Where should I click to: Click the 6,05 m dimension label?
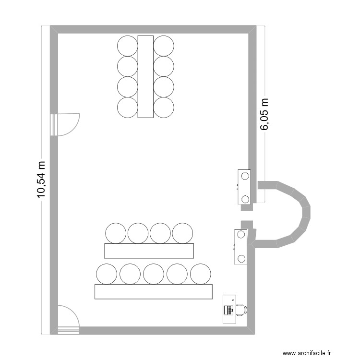click(x=264, y=114)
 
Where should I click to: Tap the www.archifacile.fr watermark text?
click(x=307, y=353)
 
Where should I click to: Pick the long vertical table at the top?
click(x=145, y=77)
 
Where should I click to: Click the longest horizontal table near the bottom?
click(x=154, y=291)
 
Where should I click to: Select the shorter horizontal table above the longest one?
click(x=149, y=251)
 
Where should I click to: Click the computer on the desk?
click(x=229, y=310)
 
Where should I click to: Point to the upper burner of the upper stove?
click(x=245, y=176)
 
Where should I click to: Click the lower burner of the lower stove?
click(x=241, y=259)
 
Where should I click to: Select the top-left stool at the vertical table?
click(x=127, y=46)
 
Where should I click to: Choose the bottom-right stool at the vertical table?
click(x=164, y=108)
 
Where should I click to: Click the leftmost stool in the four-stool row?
click(x=116, y=233)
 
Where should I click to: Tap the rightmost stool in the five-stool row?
click(x=201, y=274)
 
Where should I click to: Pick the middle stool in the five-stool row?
click(x=154, y=274)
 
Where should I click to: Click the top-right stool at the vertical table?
click(x=164, y=46)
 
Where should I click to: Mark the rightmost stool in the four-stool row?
click(x=182, y=233)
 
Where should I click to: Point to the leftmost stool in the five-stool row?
click(x=106, y=274)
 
